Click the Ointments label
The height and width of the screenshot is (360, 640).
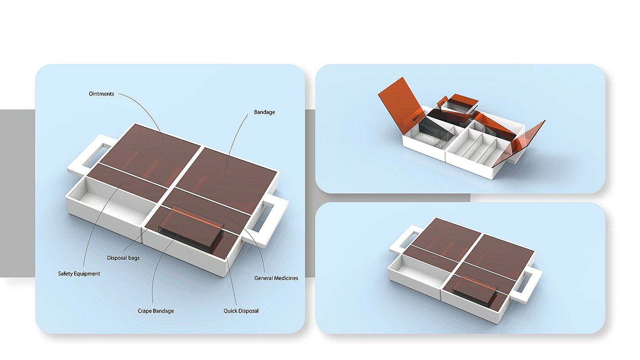point(101,94)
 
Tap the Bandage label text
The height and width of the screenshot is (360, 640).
point(264,112)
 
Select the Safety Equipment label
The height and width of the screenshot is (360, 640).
point(79,274)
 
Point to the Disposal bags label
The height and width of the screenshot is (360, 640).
point(123,258)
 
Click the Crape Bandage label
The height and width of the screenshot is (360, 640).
point(156,311)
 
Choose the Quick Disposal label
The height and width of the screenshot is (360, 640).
point(241,311)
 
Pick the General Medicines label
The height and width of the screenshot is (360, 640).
point(276,278)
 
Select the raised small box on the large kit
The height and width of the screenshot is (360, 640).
point(192,226)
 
